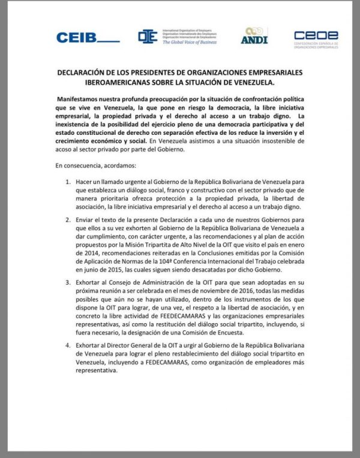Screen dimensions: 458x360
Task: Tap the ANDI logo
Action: (254, 36)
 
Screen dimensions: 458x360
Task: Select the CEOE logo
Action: (316, 37)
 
